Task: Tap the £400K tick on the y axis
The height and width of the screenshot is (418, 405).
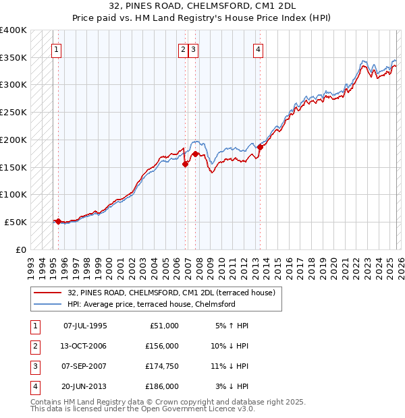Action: tap(13, 30)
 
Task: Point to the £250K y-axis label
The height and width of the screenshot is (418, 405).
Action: tap(13, 113)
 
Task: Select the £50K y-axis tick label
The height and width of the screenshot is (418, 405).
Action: tap(16, 222)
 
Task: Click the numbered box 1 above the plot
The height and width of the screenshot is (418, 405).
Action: tap(57, 49)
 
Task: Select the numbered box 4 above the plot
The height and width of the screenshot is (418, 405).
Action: tap(258, 49)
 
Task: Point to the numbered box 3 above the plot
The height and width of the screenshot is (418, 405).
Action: tap(194, 49)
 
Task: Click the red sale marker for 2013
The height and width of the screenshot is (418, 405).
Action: tap(260, 148)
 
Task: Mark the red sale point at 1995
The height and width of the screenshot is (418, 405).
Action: tap(58, 221)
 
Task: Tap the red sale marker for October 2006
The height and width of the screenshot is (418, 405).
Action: tap(185, 164)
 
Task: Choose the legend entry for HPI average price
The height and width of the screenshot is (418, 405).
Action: tap(151, 305)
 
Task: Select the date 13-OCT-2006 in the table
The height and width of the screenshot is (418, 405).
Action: tap(84, 346)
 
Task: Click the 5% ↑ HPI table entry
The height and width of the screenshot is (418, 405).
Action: tap(232, 326)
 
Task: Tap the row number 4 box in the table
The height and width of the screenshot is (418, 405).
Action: tap(34, 386)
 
